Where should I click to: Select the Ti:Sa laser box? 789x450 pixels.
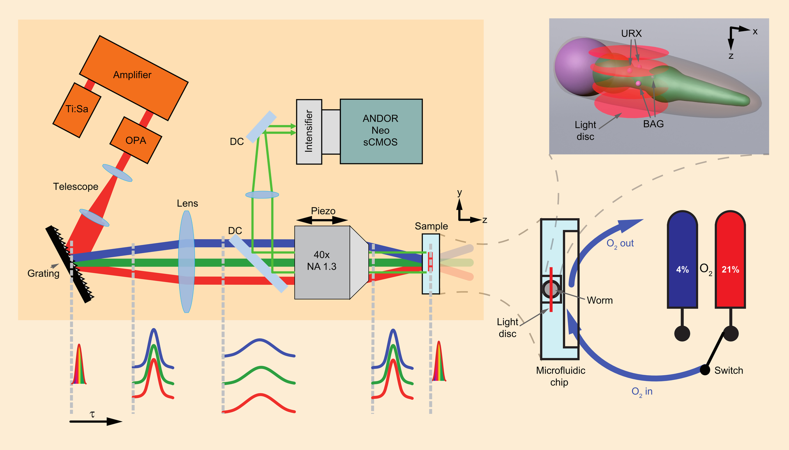pos(77,110)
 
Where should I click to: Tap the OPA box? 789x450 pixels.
pos(136,140)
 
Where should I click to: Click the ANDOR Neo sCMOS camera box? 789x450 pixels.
pos(381,131)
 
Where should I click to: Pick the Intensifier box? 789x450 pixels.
pos(309,132)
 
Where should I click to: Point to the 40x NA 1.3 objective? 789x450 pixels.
pos(322,262)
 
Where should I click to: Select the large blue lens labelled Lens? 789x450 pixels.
pos(187,262)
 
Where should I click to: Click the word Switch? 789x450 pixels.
pos(729,370)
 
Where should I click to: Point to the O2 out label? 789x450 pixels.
pos(620,244)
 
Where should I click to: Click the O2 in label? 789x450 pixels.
pos(642,392)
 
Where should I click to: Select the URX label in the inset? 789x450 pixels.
pos(631,33)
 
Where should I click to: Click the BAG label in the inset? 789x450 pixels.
pos(653,124)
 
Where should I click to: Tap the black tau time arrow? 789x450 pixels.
pos(95,421)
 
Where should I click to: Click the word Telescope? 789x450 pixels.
pos(76,187)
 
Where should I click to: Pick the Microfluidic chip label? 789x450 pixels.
pos(561,376)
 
